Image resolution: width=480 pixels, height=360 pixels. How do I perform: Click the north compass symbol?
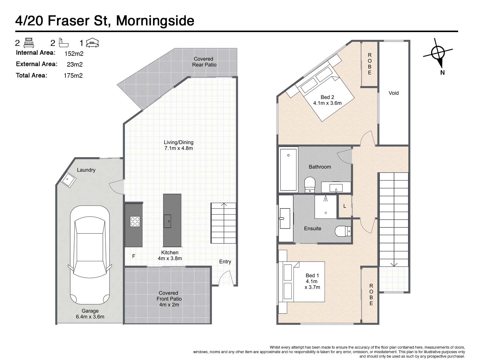click(438, 53)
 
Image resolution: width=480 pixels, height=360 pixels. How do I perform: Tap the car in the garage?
click(90, 255)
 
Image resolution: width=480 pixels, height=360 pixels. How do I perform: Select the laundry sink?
click(68, 179)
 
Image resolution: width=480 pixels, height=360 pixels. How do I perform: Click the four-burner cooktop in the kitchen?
click(135, 221)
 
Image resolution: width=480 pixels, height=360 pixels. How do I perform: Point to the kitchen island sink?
click(167, 221)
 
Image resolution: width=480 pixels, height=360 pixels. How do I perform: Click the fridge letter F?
click(133, 256)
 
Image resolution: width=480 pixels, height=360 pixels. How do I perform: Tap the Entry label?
click(225, 262)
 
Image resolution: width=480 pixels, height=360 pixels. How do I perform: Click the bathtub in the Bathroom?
click(288, 170)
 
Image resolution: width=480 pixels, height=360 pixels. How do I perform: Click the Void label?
click(393, 93)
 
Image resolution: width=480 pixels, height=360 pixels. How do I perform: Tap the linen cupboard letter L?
click(345, 206)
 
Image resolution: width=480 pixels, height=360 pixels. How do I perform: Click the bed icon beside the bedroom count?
click(28, 43)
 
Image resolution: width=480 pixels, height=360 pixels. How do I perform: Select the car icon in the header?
click(92, 43)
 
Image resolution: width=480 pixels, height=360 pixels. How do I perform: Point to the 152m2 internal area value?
click(74, 54)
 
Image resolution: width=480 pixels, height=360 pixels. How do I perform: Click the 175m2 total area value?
click(73, 76)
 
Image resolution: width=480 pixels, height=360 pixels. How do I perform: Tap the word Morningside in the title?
click(155, 21)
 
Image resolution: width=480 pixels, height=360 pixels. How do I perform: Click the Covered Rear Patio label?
click(204, 62)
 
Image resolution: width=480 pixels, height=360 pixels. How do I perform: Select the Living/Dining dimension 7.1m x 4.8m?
click(179, 148)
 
